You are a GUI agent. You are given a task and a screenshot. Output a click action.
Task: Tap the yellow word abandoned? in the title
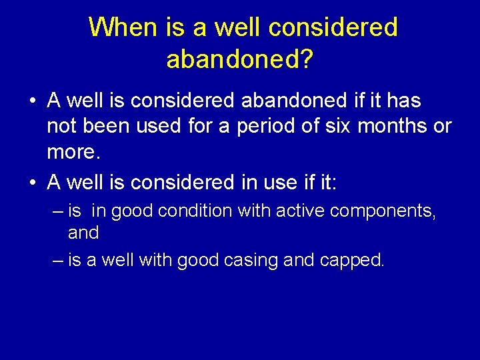[x=239, y=59]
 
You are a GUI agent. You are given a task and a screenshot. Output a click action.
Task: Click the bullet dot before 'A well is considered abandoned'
[x=32, y=101]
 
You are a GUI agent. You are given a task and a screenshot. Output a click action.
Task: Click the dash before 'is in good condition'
[x=58, y=211]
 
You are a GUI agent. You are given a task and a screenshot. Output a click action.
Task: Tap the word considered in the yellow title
[x=333, y=27]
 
